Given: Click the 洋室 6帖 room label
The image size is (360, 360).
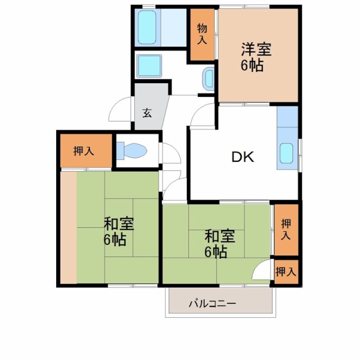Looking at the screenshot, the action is (256, 57).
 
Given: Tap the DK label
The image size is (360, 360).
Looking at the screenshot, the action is (242, 157).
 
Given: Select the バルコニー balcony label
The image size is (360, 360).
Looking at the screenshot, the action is (213, 304).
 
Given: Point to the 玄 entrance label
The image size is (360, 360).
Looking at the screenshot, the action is (147, 112).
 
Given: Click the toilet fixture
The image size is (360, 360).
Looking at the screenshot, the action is (132, 151).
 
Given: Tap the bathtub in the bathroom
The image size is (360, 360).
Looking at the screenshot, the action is (147, 28).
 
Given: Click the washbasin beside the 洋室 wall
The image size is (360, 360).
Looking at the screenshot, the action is (209, 79).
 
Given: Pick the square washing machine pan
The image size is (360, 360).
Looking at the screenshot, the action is (149, 66).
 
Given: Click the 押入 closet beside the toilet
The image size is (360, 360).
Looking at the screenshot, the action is (86, 151).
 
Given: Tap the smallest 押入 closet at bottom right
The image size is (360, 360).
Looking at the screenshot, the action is (286, 272).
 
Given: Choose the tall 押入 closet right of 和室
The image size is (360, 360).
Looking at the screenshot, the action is (286, 230).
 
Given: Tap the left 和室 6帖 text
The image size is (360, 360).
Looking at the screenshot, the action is (118, 231).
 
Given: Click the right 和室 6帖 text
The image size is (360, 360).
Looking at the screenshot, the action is (219, 244).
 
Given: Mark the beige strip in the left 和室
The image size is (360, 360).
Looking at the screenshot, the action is (69, 227).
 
